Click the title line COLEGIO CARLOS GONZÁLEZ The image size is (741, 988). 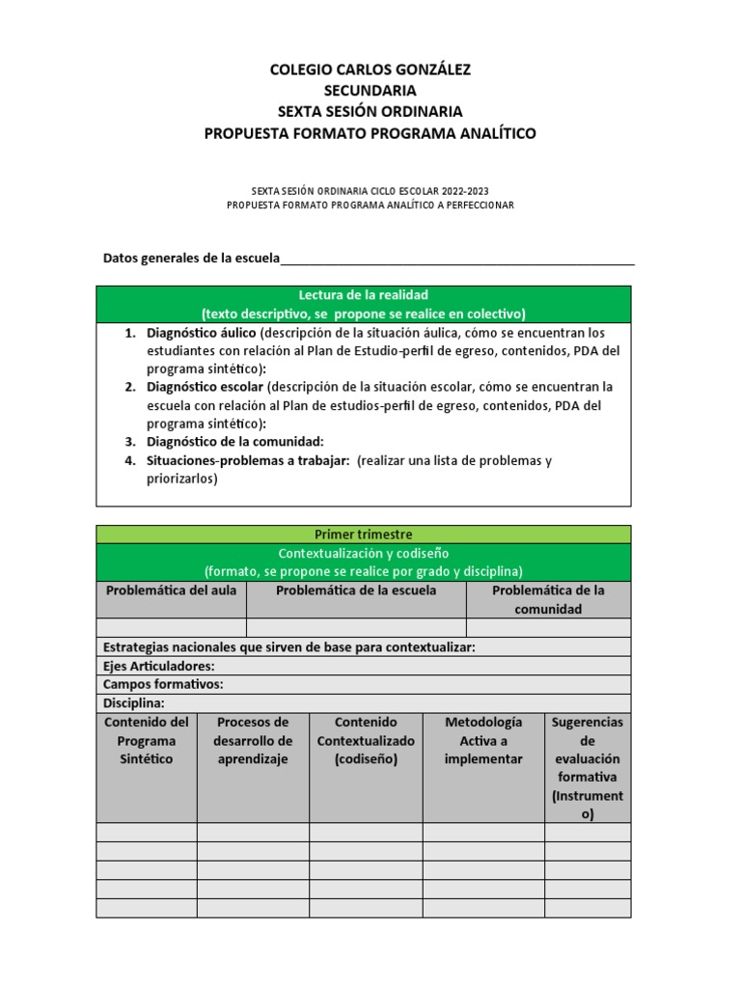tap(370, 69)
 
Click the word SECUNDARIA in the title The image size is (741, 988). tap(370, 91)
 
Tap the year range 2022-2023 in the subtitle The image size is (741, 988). tap(473, 191)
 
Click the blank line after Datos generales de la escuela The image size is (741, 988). tap(457, 259)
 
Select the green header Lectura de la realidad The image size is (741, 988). tap(363, 294)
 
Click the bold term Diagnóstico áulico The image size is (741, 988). tap(201, 332)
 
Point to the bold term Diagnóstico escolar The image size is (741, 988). tap(205, 387)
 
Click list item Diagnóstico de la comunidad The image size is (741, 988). tap(228, 442)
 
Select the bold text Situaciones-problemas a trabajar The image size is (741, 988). tap(247, 460)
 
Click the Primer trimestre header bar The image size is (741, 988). tap(363, 535)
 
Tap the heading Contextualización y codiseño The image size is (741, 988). tap(363, 553)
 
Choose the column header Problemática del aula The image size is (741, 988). tap(171, 590)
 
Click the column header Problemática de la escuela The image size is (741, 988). tap(356, 590)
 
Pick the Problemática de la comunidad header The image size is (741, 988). tap(548, 599)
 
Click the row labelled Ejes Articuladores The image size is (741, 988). tap(159, 666)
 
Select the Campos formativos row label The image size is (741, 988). tap(163, 684)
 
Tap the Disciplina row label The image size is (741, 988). tap(134, 703)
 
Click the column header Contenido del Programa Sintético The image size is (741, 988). tap(147, 740)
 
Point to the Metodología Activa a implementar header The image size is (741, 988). tap(483, 740)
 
